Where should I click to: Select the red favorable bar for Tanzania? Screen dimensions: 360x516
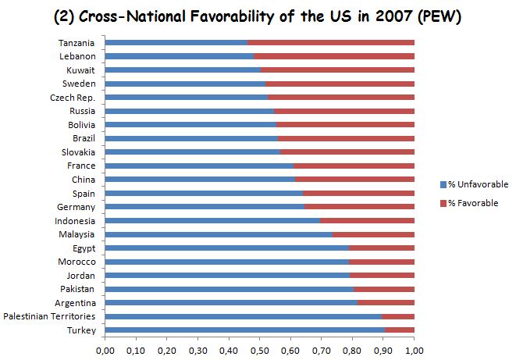tap(331, 42)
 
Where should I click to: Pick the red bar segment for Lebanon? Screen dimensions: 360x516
tap(334, 56)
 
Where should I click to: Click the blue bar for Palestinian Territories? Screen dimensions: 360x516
tap(243, 316)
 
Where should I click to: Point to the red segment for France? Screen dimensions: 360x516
tap(354, 166)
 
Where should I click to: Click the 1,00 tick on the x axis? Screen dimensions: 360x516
tap(415, 349)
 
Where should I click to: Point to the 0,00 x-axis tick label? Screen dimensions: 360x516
tap(105, 349)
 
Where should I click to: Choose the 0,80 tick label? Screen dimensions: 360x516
tap(352, 349)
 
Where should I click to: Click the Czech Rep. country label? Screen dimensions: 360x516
tap(75, 97)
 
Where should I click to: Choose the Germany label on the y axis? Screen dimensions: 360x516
tap(76, 207)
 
